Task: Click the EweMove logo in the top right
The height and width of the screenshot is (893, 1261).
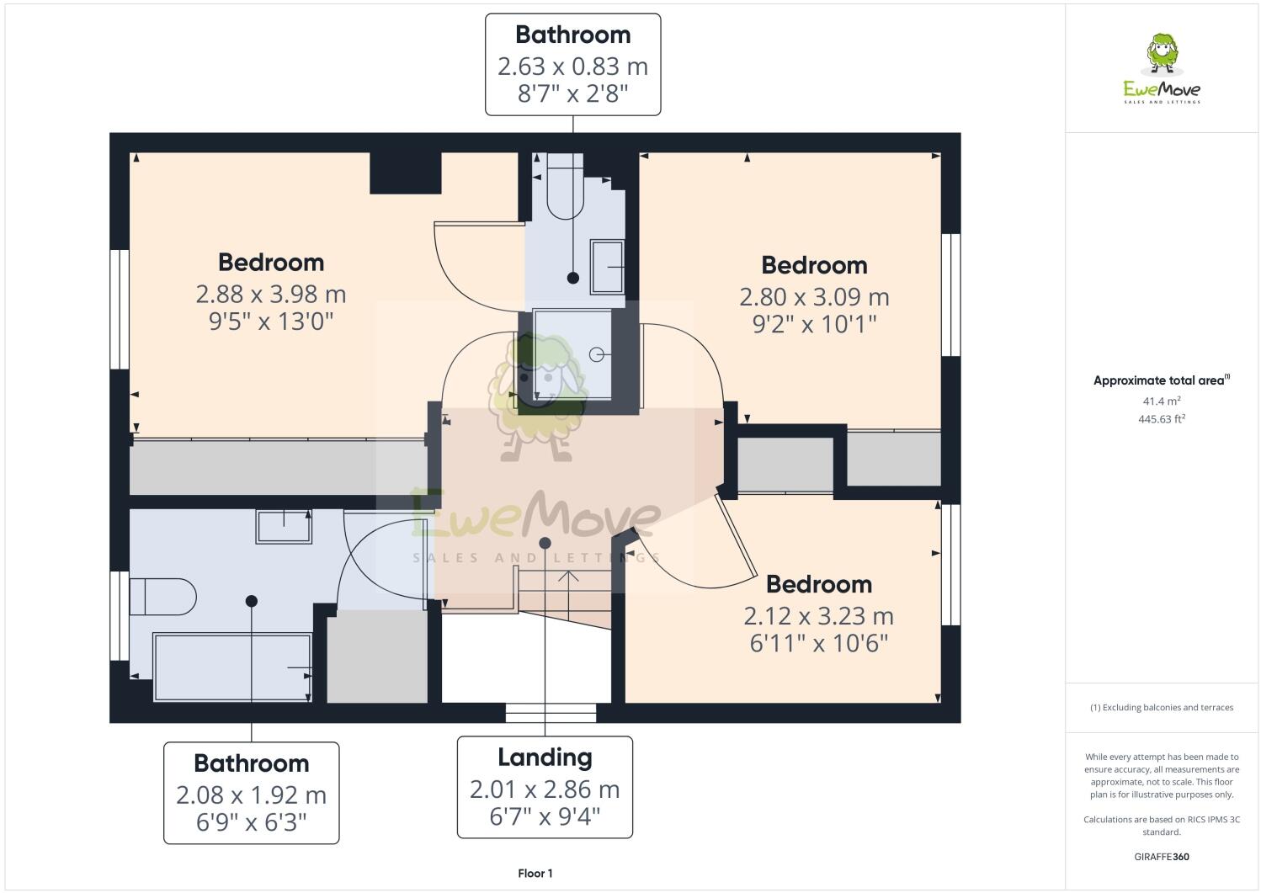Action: pos(1162,69)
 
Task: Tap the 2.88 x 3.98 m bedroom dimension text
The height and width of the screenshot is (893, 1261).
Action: pos(271,294)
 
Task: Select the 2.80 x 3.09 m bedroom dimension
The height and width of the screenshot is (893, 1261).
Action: pos(814,296)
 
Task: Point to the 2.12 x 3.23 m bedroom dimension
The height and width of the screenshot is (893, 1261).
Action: pos(818,616)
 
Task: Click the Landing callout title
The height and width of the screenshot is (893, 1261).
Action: pos(545,757)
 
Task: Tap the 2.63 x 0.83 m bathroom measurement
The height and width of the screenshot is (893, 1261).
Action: pos(572,66)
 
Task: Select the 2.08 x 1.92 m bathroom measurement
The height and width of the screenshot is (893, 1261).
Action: pos(251,795)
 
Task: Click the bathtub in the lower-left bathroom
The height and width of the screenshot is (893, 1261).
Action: pos(232,667)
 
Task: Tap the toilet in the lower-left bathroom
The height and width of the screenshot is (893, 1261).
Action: pos(164,597)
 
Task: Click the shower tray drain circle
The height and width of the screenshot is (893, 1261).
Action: pos(598,353)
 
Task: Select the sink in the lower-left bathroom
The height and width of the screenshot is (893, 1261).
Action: pos(284,527)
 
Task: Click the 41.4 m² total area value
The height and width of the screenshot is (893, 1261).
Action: pos(1162,401)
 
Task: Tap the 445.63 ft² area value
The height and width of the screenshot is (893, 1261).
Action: pos(1162,418)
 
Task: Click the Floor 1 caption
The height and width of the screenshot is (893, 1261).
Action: pos(535,874)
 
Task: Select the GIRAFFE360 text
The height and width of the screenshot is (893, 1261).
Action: pos(1162,857)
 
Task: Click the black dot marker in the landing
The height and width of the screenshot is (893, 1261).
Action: pos(545,543)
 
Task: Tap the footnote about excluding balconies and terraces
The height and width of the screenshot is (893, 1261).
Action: pos(1162,707)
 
